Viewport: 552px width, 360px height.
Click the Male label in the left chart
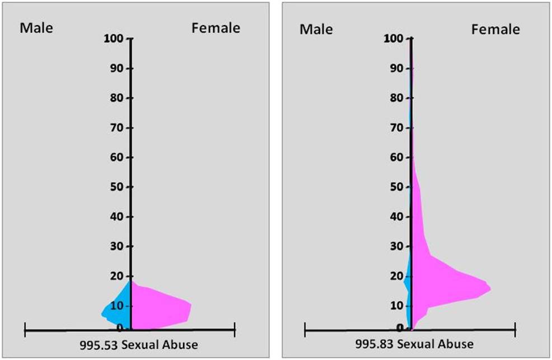tap(36, 28)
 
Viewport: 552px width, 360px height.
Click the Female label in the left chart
tap(216, 28)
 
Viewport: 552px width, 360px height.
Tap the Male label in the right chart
tap(316, 29)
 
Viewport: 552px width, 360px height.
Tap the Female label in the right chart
tap(495, 29)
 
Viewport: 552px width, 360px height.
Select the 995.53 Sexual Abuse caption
tap(139, 344)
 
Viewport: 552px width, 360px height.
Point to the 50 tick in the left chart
tap(118, 187)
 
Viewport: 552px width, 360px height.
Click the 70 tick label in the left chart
tap(118, 128)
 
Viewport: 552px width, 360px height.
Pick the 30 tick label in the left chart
tap(118, 246)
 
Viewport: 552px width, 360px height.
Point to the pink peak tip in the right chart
tap(489, 289)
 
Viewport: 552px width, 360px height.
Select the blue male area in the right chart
tap(408, 280)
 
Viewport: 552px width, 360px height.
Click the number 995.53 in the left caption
tap(98, 344)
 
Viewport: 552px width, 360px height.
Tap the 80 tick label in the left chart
tap(118, 98)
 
